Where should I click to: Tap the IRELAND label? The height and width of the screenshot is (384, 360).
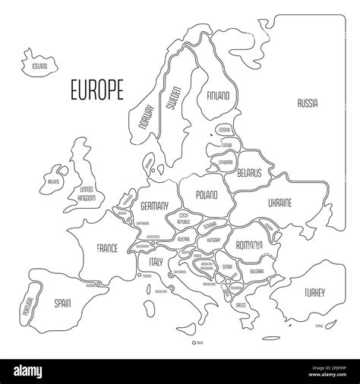(54, 182)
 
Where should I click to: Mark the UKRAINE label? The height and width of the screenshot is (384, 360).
(278, 203)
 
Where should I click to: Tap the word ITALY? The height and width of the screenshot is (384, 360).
(156, 260)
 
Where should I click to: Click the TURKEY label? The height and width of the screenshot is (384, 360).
(313, 292)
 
